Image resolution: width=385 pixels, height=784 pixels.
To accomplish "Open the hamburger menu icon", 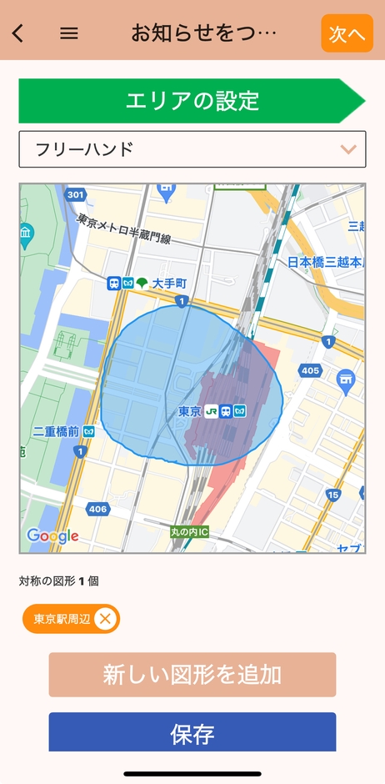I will tap(69, 33).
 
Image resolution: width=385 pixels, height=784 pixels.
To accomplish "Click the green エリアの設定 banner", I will tap(192, 101).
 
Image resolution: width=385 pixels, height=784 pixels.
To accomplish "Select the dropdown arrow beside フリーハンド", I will tap(348, 150).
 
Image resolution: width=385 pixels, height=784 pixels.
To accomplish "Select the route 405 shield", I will tap(310, 370).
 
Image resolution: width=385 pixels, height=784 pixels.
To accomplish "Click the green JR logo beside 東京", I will tap(212, 411).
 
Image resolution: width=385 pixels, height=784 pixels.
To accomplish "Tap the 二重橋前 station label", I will tap(56, 431).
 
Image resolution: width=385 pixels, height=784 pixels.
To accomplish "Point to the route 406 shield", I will tap(97, 509).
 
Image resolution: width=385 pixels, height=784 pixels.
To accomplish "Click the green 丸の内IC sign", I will tap(192, 532).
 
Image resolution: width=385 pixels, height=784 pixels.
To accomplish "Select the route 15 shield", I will tap(333, 495).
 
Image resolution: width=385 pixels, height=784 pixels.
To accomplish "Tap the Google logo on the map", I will tap(52, 535).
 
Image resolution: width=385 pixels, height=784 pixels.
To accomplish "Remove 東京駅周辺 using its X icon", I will tap(104, 619).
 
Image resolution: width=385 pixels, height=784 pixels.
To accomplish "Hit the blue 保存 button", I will tap(192, 733).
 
